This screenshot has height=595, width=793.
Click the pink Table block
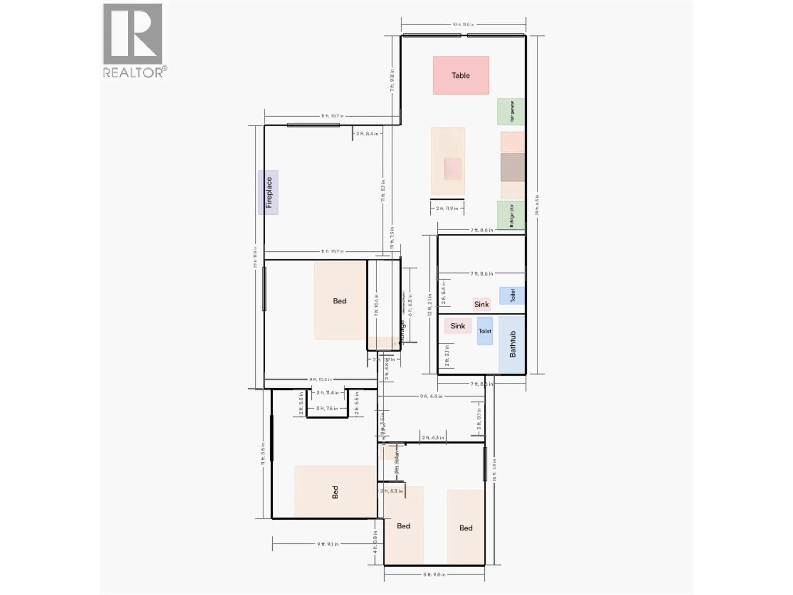(x=461, y=75)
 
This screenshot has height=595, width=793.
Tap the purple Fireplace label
(x=268, y=193)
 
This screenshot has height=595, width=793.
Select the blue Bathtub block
(x=512, y=344)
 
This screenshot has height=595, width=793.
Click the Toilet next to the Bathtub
(x=485, y=331)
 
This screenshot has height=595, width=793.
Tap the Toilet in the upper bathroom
(x=512, y=295)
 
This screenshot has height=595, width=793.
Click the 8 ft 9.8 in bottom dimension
(x=434, y=574)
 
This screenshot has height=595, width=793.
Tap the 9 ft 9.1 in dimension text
(x=327, y=544)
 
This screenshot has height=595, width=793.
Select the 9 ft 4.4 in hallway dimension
(x=431, y=396)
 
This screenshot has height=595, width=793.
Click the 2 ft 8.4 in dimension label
(x=367, y=133)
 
